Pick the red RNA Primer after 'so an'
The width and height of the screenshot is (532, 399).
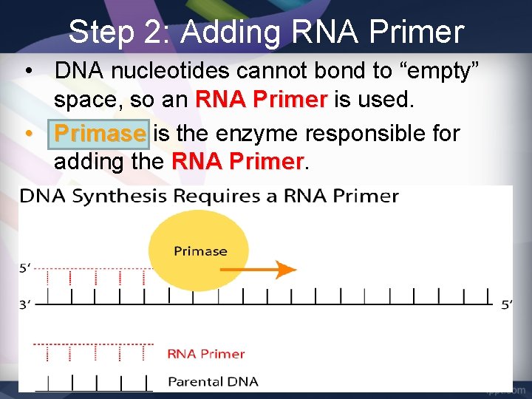(261, 98)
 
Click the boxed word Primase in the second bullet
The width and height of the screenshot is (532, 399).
(100, 134)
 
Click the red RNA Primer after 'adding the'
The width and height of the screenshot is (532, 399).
(237, 160)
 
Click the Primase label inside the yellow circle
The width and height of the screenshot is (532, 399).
(200, 251)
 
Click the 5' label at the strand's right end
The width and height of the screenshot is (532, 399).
(506, 305)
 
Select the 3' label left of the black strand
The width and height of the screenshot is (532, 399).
(25, 304)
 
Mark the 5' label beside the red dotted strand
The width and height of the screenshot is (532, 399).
(25, 269)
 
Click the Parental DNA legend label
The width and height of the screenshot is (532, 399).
(213, 382)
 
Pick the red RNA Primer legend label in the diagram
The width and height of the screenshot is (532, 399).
(205, 353)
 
